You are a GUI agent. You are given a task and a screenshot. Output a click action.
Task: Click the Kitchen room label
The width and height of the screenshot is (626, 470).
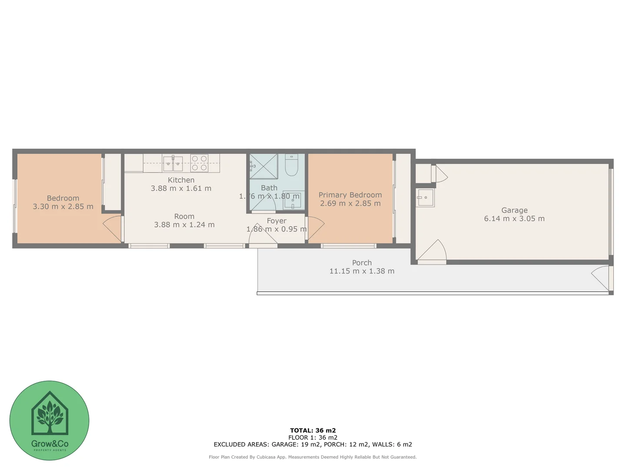pyautogui.click(x=181, y=180)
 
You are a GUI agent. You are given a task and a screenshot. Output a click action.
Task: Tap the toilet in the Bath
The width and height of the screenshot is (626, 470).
pyautogui.click(x=291, y=165)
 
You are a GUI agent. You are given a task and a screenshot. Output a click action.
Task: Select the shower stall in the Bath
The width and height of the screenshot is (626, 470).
pyautogui.click(x=263, y=166)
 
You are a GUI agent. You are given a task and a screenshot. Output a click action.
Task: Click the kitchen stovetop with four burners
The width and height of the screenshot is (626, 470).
pyautogui.click(x=199, y=163)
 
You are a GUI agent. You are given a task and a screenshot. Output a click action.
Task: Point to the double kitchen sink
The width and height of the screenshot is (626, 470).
pyautogui.click(x=173, y=164)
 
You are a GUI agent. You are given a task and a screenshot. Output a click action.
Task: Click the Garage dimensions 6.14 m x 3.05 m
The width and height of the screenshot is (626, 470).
pyautogui.click(x=514, y=218)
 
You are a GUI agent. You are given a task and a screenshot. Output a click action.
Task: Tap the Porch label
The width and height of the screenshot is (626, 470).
pyautogui.click(x=362, y=263)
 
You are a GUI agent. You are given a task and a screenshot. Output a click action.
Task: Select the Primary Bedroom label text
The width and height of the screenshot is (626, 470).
pyautogui.click(x=350, y=195)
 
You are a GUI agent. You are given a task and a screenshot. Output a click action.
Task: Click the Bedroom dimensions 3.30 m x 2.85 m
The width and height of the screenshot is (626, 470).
pyautogui.click(x=63, y=207)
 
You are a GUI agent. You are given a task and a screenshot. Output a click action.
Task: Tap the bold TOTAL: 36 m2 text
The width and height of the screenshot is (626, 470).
pyautogui.click(x=313, y=430)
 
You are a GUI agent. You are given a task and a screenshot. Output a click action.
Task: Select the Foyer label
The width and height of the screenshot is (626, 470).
pyautogui.click(x=276, y=221)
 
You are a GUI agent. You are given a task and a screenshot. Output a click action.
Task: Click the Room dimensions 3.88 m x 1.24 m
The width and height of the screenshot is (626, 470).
pyautogui.click(x=184, y=225)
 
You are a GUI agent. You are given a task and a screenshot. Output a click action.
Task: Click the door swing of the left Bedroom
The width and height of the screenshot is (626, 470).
pyautogui.click(x=113, y=228)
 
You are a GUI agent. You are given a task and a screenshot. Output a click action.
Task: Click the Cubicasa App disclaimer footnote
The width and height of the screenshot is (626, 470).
pyautogui.click(x=313, y=457)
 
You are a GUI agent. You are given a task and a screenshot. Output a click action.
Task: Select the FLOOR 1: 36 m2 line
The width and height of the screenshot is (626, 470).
pyautogui.click(x=313, y=437)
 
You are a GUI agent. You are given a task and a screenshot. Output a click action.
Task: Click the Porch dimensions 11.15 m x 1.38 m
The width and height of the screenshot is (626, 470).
pyautogui.click(x=362, y=271)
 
